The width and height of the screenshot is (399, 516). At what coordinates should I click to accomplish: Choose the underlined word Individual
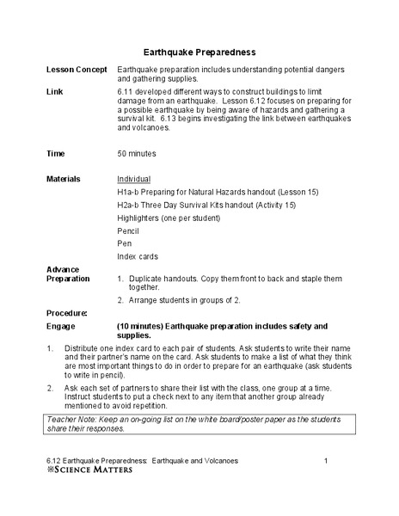(x=133, y=179)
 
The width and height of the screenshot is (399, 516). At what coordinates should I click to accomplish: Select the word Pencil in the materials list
(x=127, y=231)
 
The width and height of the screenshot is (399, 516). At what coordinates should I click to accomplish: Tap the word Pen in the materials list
(x=124, y=244)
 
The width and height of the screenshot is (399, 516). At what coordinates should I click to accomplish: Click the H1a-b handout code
(x=129, y=193)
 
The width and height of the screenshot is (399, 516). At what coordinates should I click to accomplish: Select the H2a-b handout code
(x=129, y=206)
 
